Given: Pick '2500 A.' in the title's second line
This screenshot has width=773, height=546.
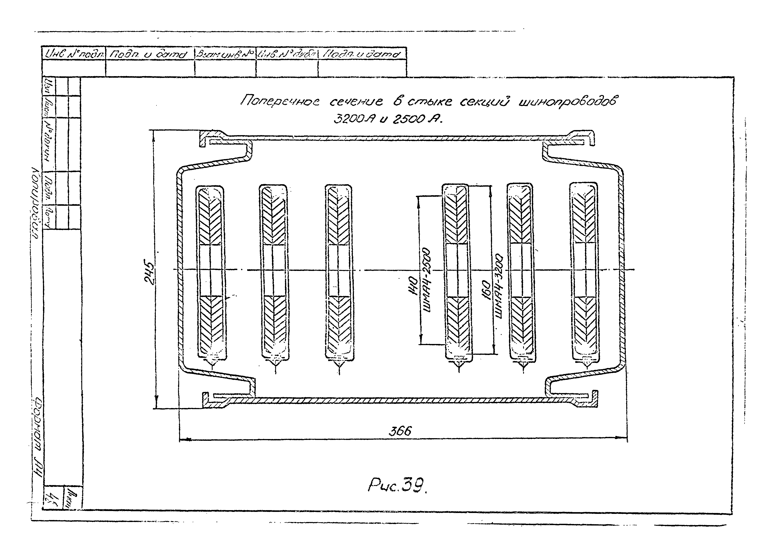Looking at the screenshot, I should (416, 119).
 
